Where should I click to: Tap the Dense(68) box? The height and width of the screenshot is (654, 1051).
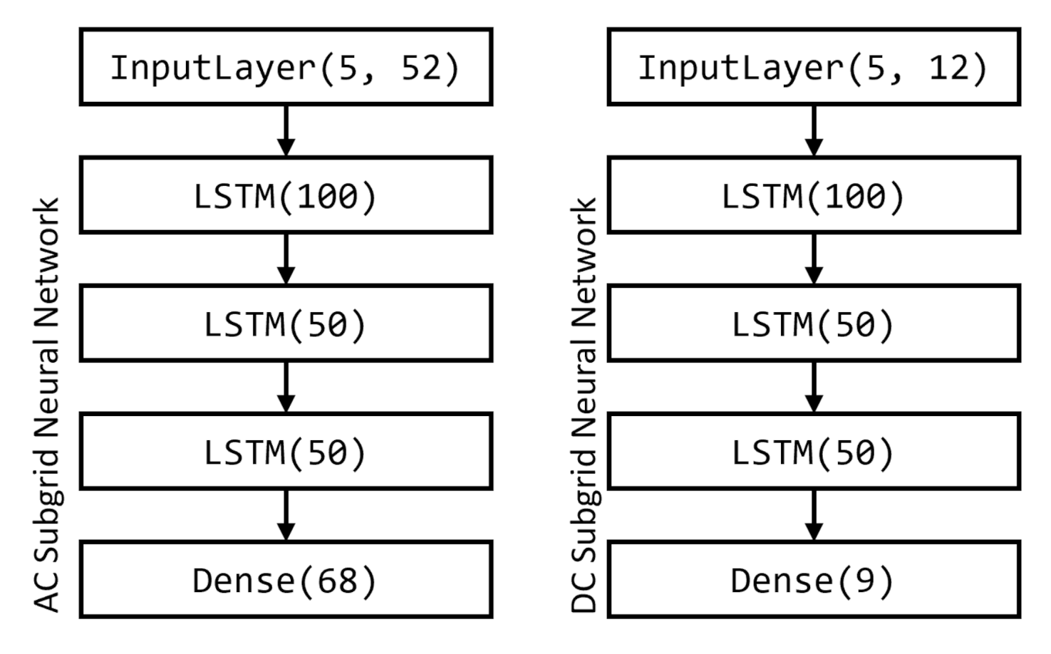285,579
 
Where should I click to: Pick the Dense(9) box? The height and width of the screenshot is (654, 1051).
813,579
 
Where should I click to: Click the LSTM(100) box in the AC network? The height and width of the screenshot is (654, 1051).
285,195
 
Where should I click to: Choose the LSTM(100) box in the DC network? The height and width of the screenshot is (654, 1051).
813,195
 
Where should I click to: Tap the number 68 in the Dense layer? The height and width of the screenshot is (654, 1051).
337,581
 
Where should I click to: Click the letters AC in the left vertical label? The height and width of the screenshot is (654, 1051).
47,591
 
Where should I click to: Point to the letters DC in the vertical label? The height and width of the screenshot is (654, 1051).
584,591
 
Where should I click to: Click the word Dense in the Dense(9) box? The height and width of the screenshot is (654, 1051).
782,581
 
